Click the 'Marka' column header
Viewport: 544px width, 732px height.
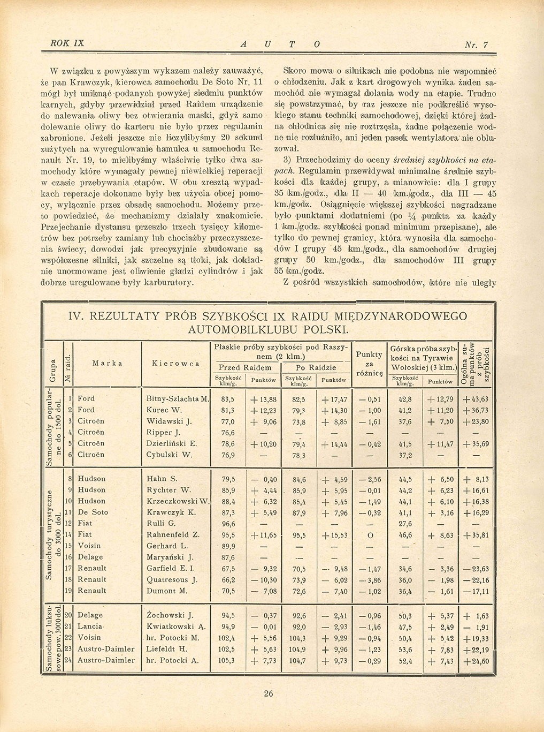(x=107, y=363)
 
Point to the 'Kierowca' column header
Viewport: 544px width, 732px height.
(x=175, y=363)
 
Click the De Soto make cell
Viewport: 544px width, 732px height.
(x=93, y=512)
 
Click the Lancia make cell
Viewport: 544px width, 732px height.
(x=90, y=627)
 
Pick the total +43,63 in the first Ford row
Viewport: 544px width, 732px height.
(x=476, y=399)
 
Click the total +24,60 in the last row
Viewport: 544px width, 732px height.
(x=476, y=661)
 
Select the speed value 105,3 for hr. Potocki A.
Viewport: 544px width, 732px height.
(x=227, y=661)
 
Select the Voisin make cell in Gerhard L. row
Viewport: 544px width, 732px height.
(x=89, y=546)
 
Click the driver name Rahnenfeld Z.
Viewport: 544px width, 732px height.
(x=173, y=534)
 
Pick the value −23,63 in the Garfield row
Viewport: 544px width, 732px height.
(x=476, y=569)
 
